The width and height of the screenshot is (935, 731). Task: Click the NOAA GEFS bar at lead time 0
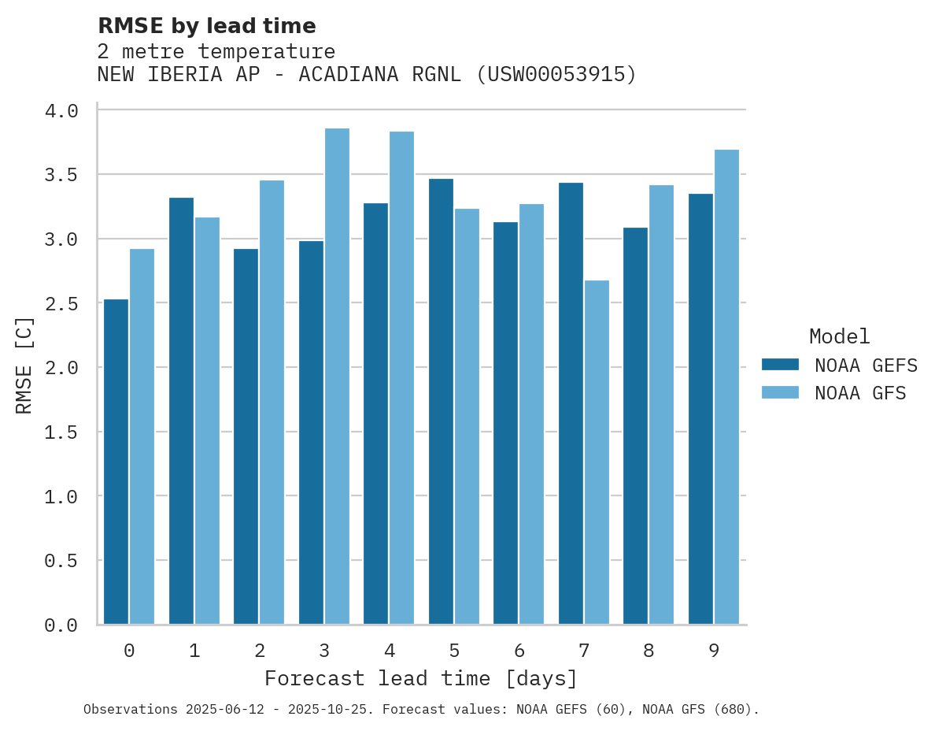point(116,462)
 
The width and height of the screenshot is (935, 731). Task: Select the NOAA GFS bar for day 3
point(337,377)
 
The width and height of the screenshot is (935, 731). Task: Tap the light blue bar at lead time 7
point(597,452)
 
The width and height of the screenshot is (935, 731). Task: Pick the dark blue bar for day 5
point(441,402)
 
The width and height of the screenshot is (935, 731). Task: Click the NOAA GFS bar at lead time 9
point(726,387)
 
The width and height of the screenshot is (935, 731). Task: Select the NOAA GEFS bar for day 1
point(181,411)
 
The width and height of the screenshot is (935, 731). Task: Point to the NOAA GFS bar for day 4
point(401,378)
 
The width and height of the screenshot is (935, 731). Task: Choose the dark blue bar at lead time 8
point(635,426)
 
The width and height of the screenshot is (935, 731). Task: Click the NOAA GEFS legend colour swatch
point(780,365)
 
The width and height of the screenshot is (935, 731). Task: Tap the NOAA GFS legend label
point(860,393)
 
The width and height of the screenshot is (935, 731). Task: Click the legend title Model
point(839,337)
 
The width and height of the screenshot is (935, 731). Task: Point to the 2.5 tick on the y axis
point(61,303)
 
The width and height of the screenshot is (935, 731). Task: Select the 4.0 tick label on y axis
point(61,111)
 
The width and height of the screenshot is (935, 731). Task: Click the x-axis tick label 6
point(519,651)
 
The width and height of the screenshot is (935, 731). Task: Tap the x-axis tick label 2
point(259,651)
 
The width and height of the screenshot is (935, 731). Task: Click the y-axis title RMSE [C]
point(24,365)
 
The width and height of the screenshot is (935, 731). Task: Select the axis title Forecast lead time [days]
point(421,679)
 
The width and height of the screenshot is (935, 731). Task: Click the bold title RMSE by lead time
point(206,26)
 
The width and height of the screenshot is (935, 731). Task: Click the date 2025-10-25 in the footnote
point(331,710)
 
